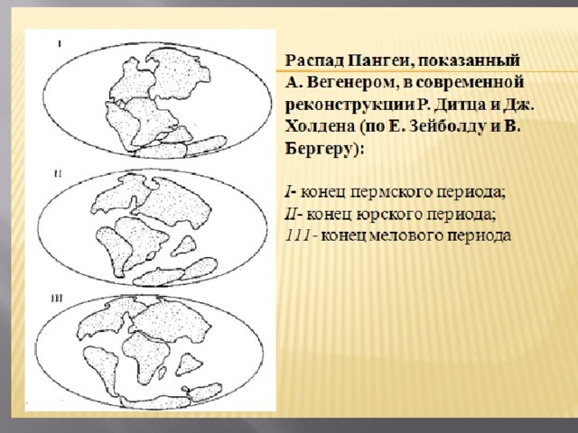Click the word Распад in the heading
[315, 61]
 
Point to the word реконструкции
[350, 106]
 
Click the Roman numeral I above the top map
[60, 44]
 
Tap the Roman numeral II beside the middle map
[58, 173]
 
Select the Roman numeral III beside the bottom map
[56, 299]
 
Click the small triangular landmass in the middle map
[184, 246]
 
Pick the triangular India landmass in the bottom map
[189, 364]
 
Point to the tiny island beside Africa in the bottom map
[163, 373]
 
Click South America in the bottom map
[101, 368]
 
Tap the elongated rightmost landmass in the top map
[207, 144]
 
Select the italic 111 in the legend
[298, 236]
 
